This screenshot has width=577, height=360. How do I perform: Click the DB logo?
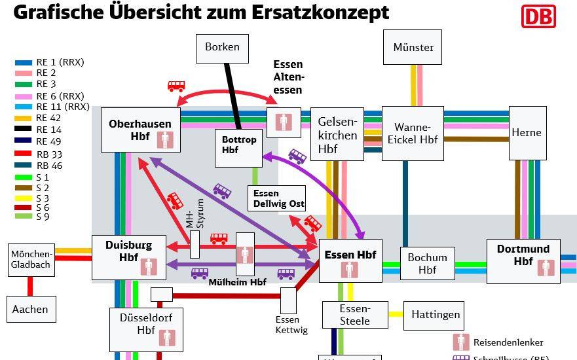[538, 16]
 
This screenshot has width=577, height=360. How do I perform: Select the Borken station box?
[222, 47]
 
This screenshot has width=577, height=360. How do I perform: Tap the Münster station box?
[413, 47]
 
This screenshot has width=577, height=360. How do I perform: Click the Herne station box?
[527, 133]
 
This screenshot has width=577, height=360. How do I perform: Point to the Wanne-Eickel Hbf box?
[412, 133]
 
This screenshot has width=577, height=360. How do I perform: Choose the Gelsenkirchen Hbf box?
[337, 135]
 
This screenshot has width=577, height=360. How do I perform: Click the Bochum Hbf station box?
[427, 263]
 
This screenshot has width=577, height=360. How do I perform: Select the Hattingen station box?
[436, 315]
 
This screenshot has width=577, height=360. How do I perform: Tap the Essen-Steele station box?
[354, 315]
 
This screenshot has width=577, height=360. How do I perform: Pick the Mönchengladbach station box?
[31, 259]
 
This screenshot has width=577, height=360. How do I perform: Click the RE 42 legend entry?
[48, 118]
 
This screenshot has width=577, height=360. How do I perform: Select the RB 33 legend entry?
[48, 154]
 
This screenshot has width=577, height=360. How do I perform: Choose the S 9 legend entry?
[42, 216]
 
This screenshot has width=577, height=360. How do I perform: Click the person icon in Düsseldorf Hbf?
[168, 337]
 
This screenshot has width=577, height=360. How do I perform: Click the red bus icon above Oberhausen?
[176, 86]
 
